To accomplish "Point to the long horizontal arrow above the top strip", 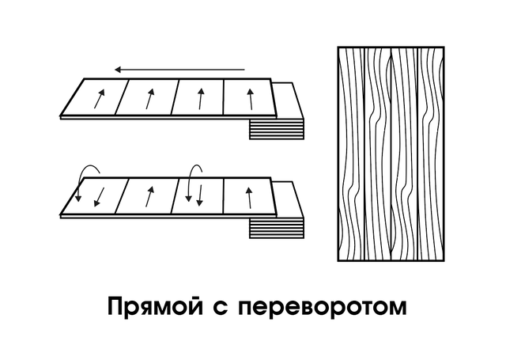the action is tap(179, 70).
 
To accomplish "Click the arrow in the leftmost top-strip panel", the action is tap(100, 99).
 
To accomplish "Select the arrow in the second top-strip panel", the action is tap(149, 99).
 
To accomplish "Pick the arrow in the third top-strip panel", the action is tap(201, 99).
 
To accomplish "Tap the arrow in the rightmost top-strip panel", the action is tap(251, 99).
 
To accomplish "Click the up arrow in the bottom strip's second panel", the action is tap(149, 196).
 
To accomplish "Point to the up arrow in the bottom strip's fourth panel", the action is tap(249, 198).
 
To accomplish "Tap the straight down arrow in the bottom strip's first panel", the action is tap(100, 197).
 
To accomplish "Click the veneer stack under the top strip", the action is tap(277, 129).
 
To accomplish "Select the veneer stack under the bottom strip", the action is tap(277, 228).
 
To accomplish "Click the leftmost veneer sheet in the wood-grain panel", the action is tap(351, 153).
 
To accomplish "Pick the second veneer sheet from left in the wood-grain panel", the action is tap(378, 153).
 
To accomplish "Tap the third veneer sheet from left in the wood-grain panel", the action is tap(404, 153).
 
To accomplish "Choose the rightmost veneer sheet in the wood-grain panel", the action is tap(431, 153).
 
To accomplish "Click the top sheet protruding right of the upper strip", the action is tap(288, 100).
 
